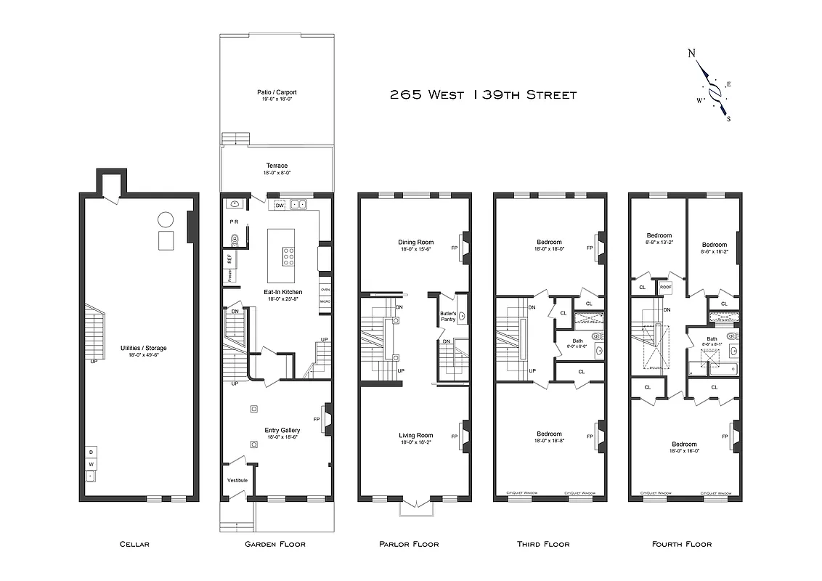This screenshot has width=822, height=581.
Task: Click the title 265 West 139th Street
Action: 483,94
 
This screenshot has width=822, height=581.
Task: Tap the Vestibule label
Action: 237,480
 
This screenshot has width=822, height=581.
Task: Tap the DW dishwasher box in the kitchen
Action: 279,206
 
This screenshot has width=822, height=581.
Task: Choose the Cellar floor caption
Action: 134,544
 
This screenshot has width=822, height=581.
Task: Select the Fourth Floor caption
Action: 681,544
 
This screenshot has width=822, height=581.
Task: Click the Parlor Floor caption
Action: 409,544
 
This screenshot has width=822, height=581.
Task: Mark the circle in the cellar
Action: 166,219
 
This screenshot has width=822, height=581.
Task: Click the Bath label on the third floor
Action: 578,341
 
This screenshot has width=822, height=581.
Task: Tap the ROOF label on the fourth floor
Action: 665,287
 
